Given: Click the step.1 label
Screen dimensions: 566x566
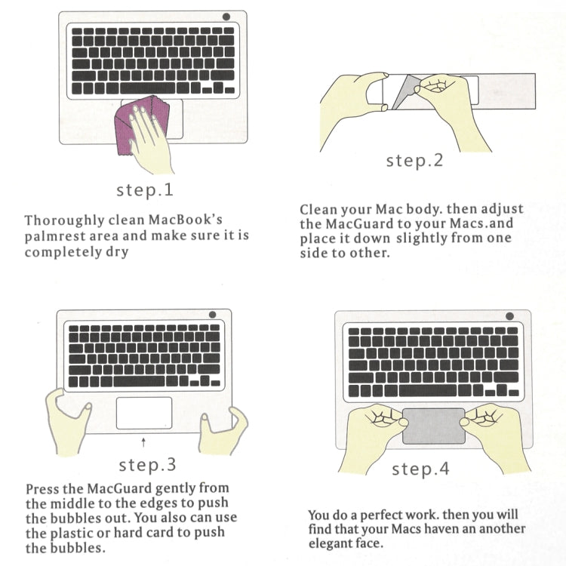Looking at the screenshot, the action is [x=145, y=190].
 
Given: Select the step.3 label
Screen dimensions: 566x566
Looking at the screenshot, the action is [x=147, y=465].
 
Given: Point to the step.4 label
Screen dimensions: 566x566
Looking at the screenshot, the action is [x=420, y=469].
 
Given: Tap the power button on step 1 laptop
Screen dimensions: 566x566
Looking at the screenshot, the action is [x=226, y=17].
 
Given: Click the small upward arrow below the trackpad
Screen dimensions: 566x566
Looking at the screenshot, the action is [x=143, y=442].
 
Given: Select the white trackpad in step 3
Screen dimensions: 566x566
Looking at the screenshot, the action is [x=144, y=414].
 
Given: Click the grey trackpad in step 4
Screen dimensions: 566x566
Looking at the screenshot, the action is [x=434, y=426].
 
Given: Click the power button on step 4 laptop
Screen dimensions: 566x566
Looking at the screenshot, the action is [x=509, y=316].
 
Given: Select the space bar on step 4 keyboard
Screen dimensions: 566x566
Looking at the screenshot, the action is [x=428, y=391].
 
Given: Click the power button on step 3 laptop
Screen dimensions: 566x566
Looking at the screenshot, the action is [x=212, y=315].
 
